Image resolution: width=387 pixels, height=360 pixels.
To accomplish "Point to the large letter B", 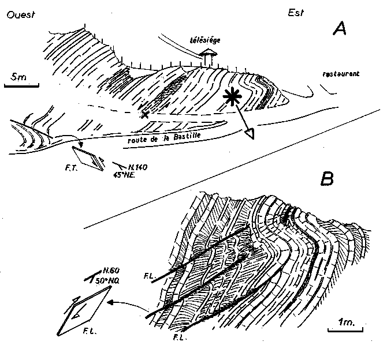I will pyautogui.click(x=328, y=180).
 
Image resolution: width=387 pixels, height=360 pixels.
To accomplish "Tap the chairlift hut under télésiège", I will pyautogui.click(x=208, y=56).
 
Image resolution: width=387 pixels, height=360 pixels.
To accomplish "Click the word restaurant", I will pyautogui.click(x=341, y=73).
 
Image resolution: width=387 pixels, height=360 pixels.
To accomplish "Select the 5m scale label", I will pyautogui.click(x=18, y=77).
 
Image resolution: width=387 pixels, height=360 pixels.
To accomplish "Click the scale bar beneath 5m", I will pyautogui.click(x=21, y=87).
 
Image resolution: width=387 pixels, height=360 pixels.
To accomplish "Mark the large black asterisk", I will pyautogui.click(x=232, y=97).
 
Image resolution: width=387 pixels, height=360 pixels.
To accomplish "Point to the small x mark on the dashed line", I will pyautogui.click(x=144, y=115).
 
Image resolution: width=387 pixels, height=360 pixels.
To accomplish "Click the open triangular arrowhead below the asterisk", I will pyautogui.click(x=250, y=134).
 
